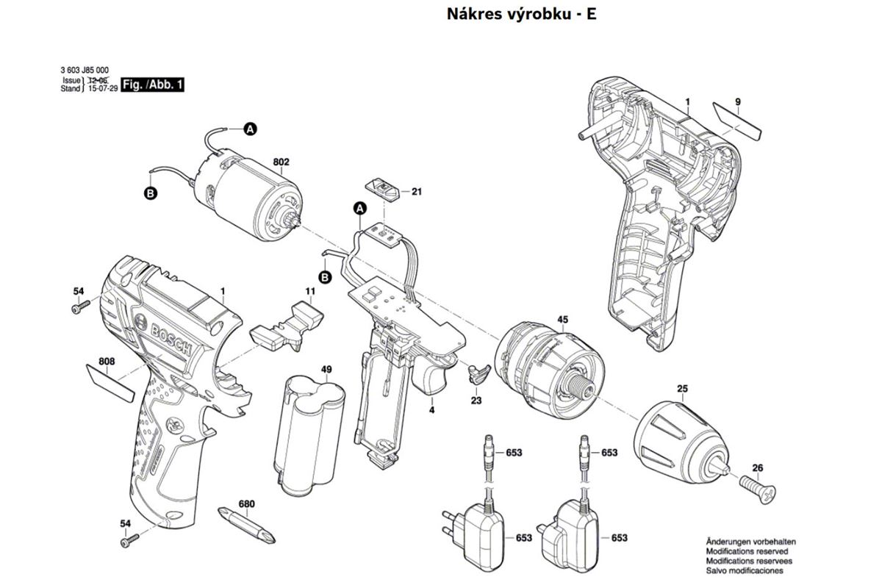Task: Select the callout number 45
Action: click(x=563, y=320)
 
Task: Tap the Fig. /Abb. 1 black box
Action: click(x=152, y=85)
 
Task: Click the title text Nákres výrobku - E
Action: click(x=521, y=14)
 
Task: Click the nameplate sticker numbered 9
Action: click(x=737, y=121)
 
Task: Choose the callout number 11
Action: click(x=311, y=292)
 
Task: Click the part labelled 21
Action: click(x=384, y=188)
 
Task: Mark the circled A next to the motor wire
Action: click(x=250, y=129)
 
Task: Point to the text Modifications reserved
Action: click(x=747, y=551)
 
